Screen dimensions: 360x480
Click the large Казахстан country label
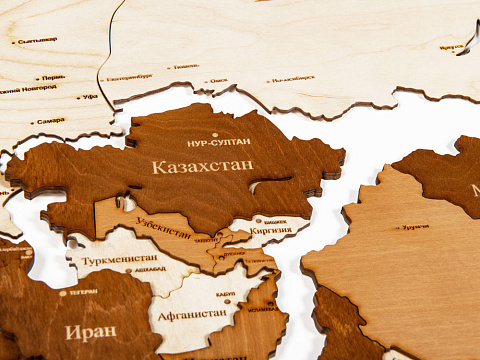pyautogui.click(x=202, y=167)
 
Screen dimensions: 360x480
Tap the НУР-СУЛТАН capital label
pyautogui.click(x=218, y=143)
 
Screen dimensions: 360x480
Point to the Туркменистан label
pyautogui.click(x=117, y=258)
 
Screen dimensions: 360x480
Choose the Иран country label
pyautogui.click(x=90, y=330)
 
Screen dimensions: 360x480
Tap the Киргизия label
pyautogui.click(x=272, y=229)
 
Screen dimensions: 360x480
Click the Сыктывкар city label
pyautogui.click(x=38, y=40)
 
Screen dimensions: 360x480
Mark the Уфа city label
pyautogui.click(x=91, y=97)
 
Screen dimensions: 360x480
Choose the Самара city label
pyautogui.click(x=50, y=121)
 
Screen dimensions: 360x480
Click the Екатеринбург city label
pyautogui.click(x=129, y=77)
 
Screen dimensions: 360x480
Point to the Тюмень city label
pyautogui.click(x=186, y=67)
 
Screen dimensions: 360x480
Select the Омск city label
pyautogui.click(x=219, y=81)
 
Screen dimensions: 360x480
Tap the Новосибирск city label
pyautogui.click(x=293, y=78)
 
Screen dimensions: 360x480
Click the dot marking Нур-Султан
pyautogui.click(x=216, y=132)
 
